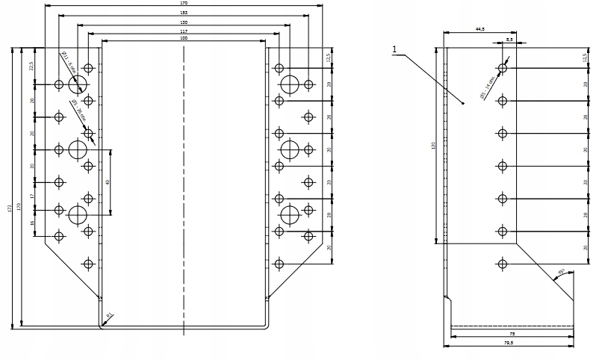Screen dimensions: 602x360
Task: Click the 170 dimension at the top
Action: pos(184,4)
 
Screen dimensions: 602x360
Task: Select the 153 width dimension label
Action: pos(184,13)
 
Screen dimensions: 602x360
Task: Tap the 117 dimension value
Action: pos(184,31)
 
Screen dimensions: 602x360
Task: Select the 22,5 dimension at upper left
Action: pos(31,66)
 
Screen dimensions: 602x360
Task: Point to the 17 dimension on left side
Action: pos(31,196)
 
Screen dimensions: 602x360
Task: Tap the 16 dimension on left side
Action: pos(31,223)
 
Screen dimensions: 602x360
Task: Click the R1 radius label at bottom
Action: pos(109,317)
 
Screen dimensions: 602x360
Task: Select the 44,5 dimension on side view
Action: pos(480,28)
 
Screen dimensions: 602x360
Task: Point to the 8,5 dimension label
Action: pos(509,38)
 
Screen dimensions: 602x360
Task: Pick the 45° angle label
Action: pos(561,270)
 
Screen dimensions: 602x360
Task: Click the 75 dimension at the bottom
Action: pos(512,334)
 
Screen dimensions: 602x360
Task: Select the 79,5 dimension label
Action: pos(512,344)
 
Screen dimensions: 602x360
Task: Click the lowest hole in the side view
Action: pos(503,263)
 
